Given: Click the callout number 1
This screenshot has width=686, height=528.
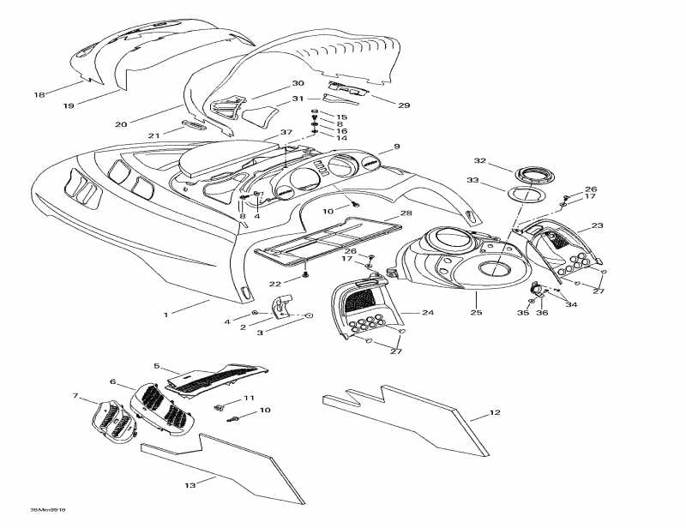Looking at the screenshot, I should coord(165,315).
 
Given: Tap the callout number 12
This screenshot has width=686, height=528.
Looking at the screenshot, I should coord(494,413).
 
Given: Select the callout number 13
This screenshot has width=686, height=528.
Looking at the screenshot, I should coord(190,486).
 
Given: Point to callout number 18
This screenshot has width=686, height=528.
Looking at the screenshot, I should coord(38,94).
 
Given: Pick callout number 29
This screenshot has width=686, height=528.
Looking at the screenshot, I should coord(403,105).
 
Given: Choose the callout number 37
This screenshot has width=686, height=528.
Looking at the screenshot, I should coord(286,133).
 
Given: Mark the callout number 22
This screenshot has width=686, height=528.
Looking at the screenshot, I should coord(275,284).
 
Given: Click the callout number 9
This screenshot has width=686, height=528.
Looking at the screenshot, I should coord(397,147).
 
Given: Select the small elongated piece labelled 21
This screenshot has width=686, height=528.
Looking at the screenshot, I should coord(193,125).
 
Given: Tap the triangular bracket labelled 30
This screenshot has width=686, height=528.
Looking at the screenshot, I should coord(225,110).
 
